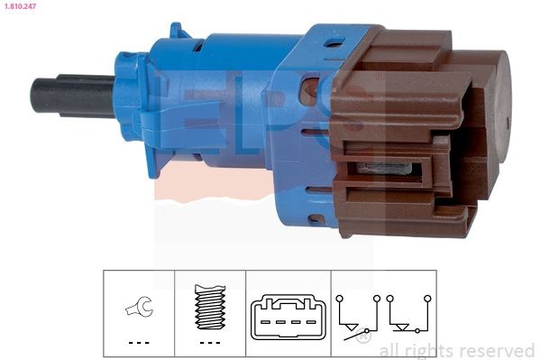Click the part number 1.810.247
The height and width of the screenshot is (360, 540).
[x=19, y=7]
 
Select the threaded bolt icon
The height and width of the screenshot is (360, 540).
[x=209, y=308]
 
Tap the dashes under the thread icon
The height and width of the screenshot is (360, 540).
[x=209, y=343]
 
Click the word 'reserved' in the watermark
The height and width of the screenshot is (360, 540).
[x=495, y=350]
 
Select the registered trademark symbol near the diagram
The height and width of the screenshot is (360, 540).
[x=363, y=337]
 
